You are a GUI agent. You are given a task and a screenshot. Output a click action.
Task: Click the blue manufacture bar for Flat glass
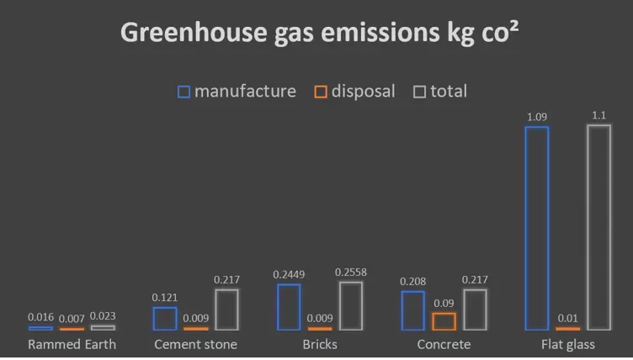536,228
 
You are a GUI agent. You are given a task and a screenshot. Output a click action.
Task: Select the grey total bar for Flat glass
598,227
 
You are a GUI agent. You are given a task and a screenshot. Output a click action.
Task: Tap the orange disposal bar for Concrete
444,320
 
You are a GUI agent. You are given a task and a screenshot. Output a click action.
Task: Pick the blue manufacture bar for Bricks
289,307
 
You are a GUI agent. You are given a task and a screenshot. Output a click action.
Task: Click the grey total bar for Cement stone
226,310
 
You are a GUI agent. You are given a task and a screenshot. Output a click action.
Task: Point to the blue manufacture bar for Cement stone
165,319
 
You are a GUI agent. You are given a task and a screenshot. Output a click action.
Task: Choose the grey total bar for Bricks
351,305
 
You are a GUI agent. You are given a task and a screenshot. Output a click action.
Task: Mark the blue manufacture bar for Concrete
412,310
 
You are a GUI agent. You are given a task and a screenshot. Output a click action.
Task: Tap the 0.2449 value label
289,275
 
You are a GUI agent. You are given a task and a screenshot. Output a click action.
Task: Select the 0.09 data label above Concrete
444,303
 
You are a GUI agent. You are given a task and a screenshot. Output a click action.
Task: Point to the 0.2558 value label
351,273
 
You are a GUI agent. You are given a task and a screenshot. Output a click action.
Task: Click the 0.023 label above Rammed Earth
103,316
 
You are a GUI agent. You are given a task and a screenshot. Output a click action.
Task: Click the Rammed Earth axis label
72,345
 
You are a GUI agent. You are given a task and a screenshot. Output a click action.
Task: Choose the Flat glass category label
567,345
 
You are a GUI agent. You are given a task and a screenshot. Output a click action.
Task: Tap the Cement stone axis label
195,345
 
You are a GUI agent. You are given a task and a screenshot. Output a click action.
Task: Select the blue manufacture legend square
184,91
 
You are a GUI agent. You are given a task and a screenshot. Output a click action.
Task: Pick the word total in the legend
449,91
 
